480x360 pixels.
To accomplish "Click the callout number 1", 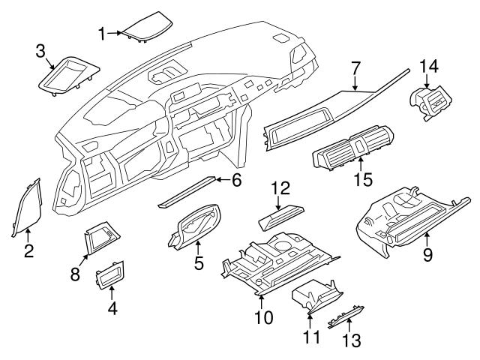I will coord(103,32).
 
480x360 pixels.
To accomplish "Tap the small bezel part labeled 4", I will coord(110,275).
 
